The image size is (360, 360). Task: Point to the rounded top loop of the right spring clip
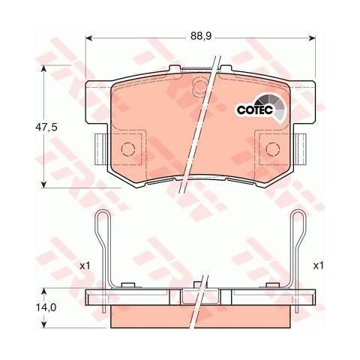click(298, 217)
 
